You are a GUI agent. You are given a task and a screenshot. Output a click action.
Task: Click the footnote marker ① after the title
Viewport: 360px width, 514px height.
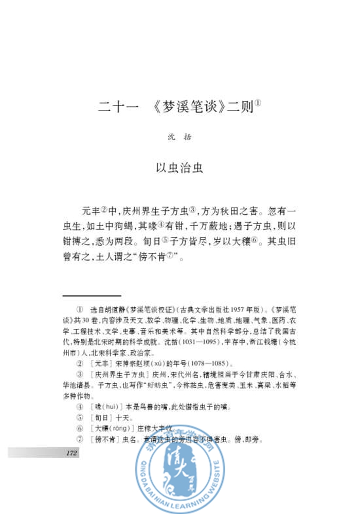coord(258,103)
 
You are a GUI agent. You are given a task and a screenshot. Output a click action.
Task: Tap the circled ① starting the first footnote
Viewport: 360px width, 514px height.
coord(79,311)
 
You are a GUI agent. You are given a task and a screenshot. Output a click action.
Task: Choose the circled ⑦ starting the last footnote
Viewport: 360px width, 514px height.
coord(79,439)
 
